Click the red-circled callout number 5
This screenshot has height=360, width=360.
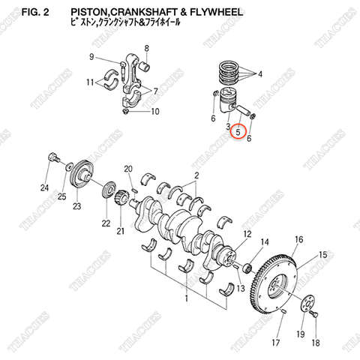click(238, 132)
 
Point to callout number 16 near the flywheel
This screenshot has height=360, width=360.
click(298, 239)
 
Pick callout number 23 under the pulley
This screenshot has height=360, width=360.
click(76, 206)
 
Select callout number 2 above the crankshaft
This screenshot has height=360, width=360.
click(197, 176)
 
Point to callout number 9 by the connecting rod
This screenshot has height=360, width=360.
click(92, 58)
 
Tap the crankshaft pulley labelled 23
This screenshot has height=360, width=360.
click(82, 181)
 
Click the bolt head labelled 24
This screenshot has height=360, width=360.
click(52, 159)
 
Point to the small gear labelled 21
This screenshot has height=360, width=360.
click(120, 200)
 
